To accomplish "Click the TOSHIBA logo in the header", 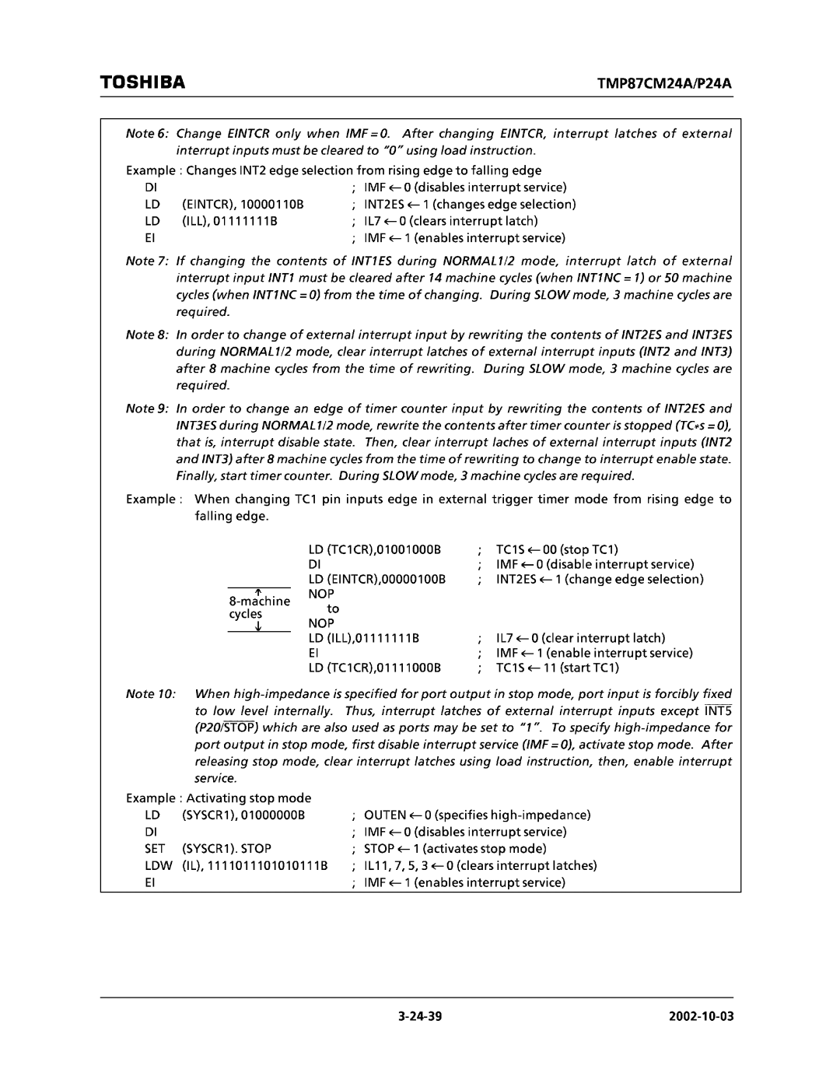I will (142, 82).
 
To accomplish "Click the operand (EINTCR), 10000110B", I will (243, 205).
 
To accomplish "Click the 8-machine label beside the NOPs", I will (259, 601).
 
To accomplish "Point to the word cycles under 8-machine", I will (245, 614).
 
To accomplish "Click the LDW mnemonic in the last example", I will (156, 865).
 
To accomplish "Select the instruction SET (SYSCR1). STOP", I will (208, 849).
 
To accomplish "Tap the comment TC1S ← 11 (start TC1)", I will (557, 668).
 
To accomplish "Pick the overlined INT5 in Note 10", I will (718, 711).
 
